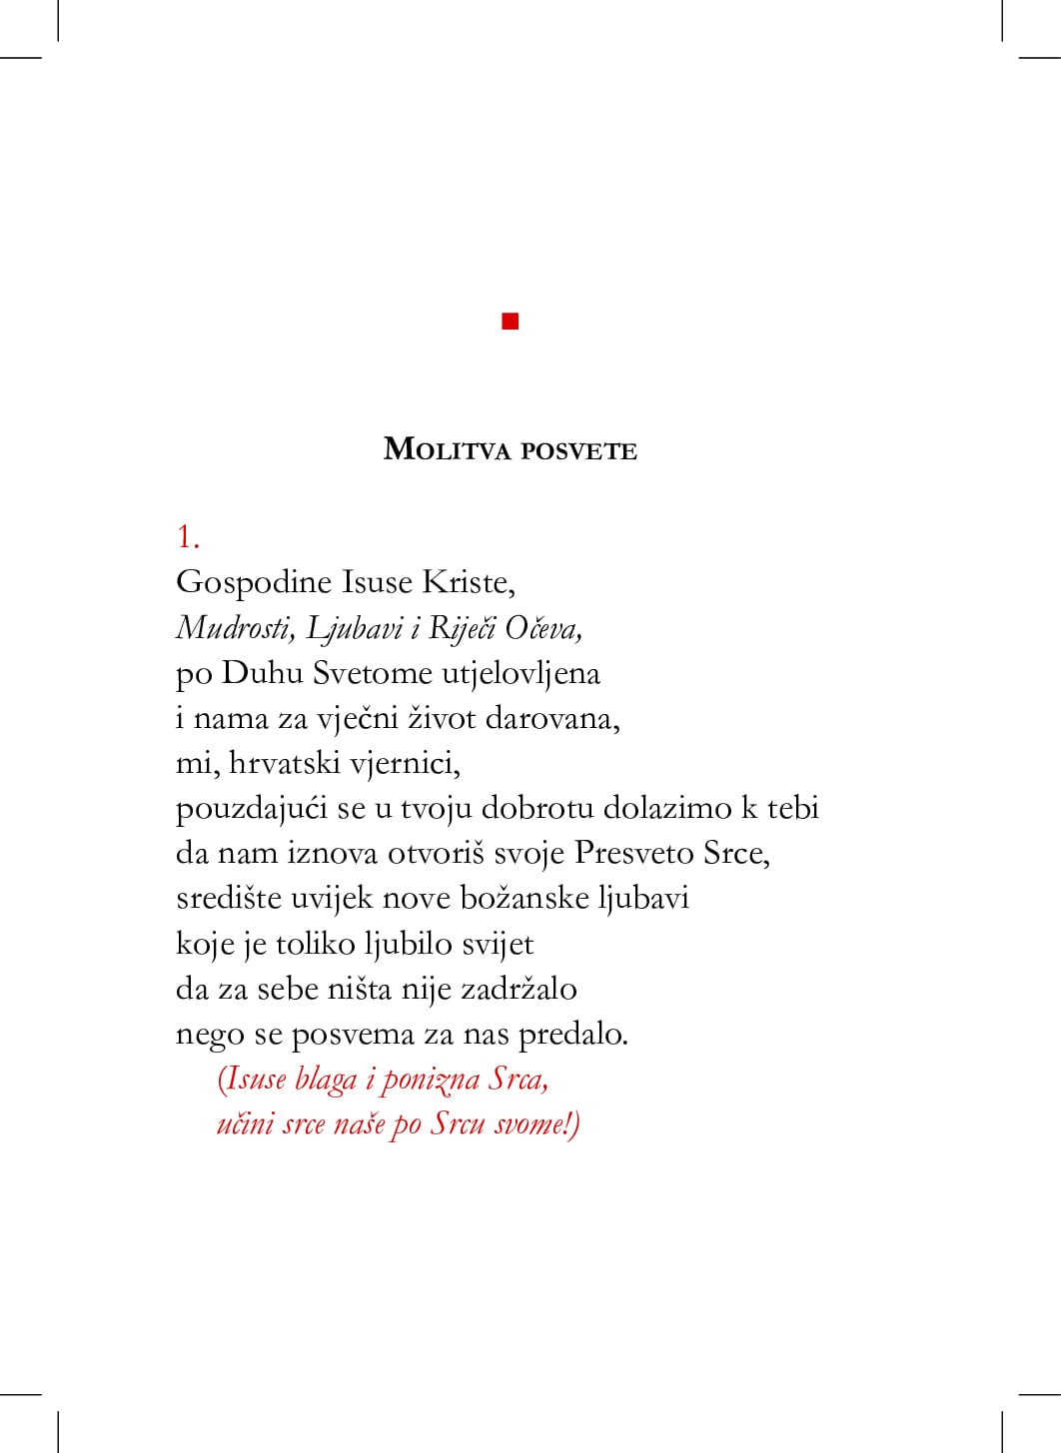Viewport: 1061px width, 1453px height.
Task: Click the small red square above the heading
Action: tap(511, 321)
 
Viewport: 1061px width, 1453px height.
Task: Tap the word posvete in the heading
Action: tap(578, 451)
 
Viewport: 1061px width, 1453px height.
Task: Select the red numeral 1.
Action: tap(187, 536)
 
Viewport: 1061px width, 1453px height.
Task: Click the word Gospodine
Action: tap(254, 583)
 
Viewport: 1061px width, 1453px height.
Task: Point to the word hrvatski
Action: tap(285, 763)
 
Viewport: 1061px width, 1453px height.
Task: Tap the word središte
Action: tap(229, 898)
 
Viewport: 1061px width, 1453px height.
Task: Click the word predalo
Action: tap(572, 1034)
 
